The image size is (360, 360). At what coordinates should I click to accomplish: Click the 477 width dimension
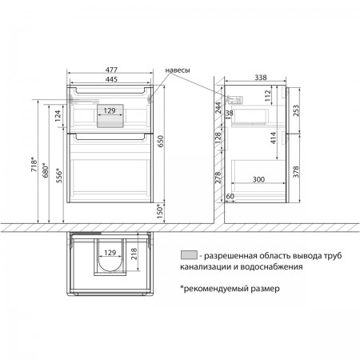coord(111,70)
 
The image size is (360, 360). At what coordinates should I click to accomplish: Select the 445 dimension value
coord(111,79)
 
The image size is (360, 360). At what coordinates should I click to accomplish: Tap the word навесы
coord(178,70)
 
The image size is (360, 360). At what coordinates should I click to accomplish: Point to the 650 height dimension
coord(160,142)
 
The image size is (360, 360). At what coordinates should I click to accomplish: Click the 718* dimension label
coord(34,165)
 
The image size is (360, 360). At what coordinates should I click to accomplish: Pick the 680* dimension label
coord(46,170)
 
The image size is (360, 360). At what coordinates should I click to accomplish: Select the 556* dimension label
coord(58,175)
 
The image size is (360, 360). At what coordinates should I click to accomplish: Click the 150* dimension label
coord(159,211)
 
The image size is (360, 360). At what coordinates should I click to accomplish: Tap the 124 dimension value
coord(58,116)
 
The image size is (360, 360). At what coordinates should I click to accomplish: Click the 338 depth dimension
coord(261,78)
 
